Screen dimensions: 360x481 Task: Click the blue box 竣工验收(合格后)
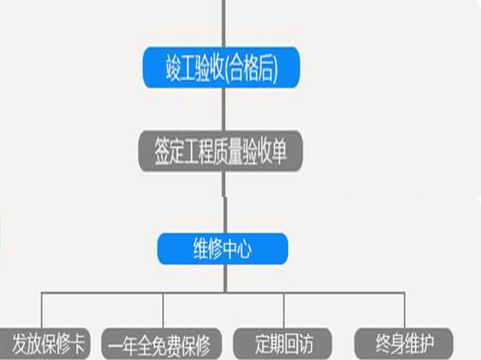tap(221, 67)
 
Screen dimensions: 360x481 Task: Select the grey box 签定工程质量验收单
tap(221, 151)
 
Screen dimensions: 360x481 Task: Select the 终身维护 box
tap(404, 344)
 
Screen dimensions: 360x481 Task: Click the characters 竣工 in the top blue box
tap(179, 68)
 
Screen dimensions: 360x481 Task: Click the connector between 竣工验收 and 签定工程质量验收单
tap(223, 109)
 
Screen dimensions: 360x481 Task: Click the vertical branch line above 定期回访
tap(284, 310)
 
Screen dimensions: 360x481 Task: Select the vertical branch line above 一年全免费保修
tap(163, 310)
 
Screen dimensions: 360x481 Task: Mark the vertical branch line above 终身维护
tap(405, 310)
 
